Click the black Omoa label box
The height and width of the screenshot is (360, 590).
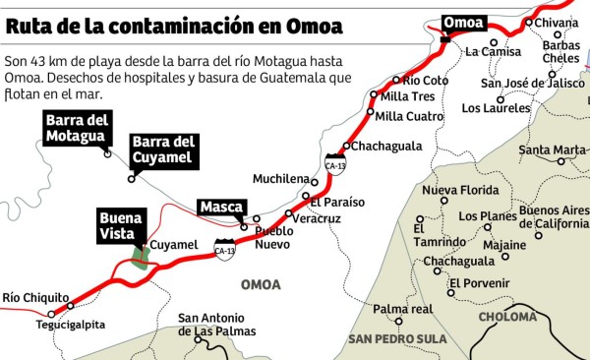coord(463,23)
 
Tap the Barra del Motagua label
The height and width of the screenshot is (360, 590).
coord(77,127)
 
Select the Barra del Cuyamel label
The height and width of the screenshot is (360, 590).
coord(164,149)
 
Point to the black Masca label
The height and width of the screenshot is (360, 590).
coord(221,208)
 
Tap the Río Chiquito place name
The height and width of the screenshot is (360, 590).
coord(35,297)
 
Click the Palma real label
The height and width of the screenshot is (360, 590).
coord(402,308)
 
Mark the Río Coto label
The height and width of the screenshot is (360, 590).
coord(426,80)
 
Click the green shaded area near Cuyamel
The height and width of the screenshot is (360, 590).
coord(143,256)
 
